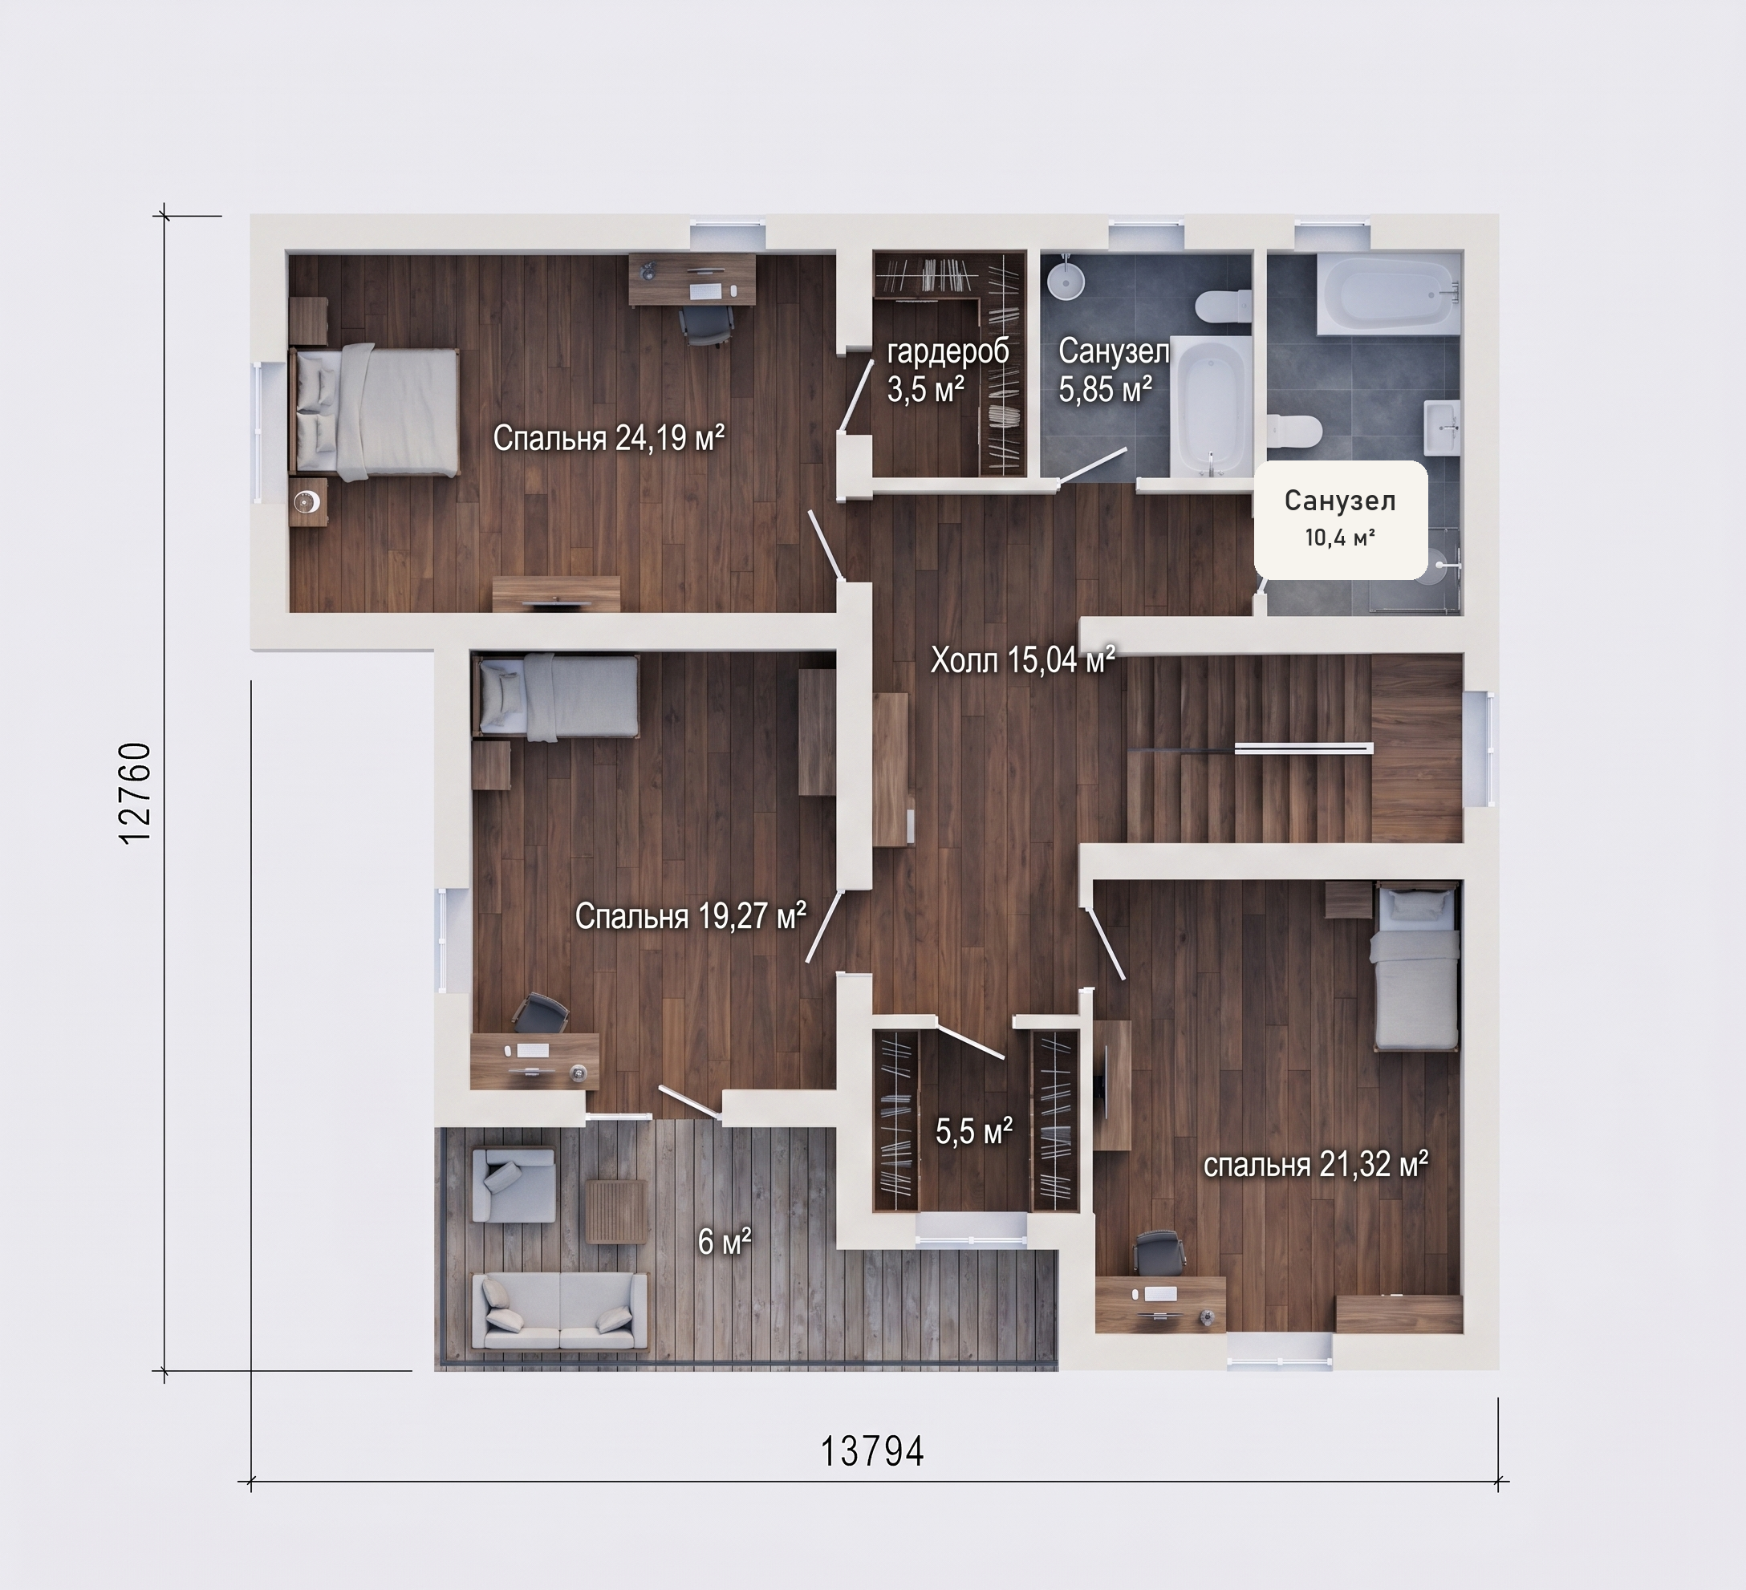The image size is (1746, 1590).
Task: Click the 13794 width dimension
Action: point(872,1451)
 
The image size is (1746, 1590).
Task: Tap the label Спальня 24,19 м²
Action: point(609,438)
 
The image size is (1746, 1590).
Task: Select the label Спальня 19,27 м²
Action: point(690,915)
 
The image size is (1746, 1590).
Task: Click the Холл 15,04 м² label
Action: point(1023,661)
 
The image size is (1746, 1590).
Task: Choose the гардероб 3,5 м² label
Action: point(948,371)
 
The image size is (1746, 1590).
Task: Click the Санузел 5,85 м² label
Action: point(1114,371)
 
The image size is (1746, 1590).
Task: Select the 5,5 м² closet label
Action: point(974,1131)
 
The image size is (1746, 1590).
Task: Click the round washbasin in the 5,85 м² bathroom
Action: point(1066,281)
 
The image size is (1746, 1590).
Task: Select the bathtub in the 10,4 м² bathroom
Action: point(1387,293)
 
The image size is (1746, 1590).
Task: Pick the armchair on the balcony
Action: point(513,1184)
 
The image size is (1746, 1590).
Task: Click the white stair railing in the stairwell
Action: point(1303,748)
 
